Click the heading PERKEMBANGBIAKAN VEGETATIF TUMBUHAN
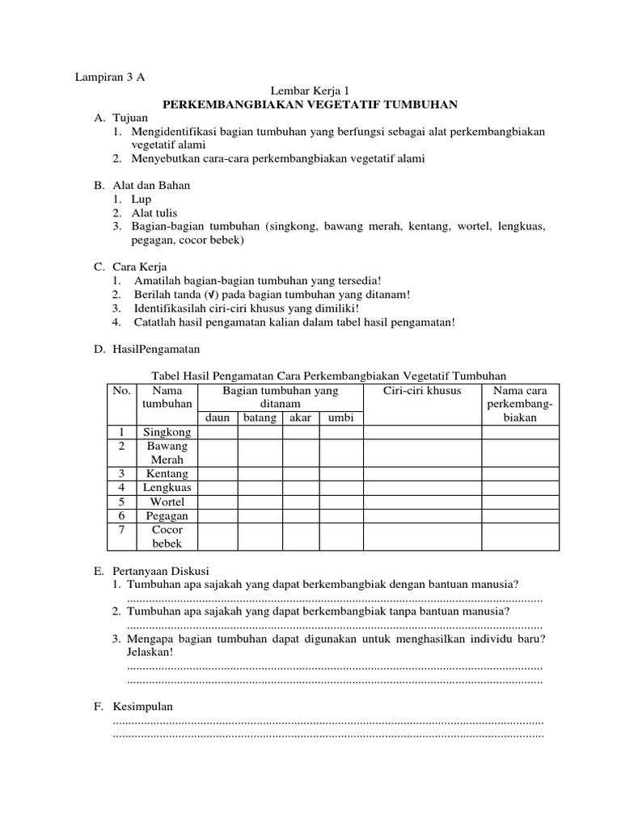[x=310, y=104]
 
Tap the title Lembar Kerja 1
[x=310, y=91]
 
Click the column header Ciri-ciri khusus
[x=422, y=391]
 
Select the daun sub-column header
[x=218, y=418]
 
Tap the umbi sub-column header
[x=341, y=418]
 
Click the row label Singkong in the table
[x=167, y=432]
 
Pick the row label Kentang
[x=167, y=473]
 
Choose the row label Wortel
[x=167, y=502]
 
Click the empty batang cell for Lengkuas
[x=259, y=488]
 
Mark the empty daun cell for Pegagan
[x=218, y=515]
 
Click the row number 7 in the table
[x=121, y=530]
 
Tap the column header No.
[x=121, y=391]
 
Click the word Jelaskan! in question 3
[x=150, y=653]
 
